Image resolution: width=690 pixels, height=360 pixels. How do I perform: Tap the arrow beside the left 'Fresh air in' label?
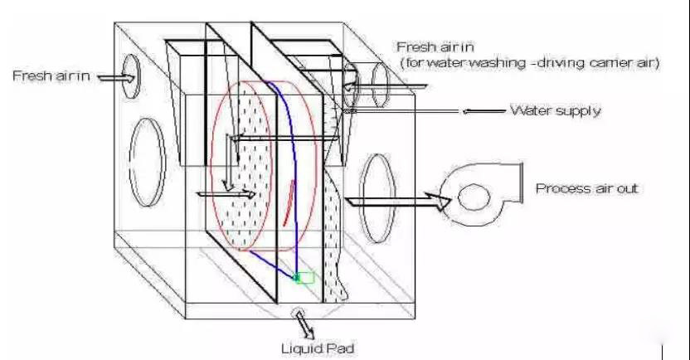[115, 77]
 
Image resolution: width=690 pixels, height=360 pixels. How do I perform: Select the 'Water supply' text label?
[555, 110]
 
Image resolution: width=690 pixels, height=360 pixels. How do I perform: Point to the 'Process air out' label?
[586, 188]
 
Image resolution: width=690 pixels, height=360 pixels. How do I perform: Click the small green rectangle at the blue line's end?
[305, 278]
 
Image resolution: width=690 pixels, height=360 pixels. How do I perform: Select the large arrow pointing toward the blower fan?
[395, 199]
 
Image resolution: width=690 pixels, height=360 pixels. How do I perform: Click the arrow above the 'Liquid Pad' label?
[300, 318]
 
